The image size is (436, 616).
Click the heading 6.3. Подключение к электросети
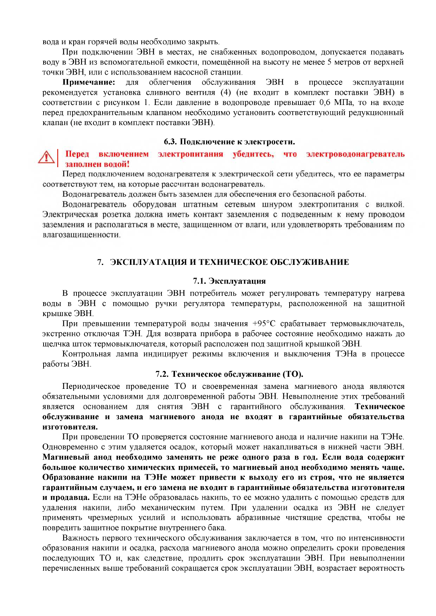229,142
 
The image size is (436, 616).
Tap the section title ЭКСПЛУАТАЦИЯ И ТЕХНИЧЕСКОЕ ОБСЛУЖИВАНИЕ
229,262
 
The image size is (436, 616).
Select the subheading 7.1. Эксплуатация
229,281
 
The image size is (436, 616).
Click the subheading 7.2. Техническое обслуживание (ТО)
229,374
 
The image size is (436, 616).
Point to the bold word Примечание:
89,82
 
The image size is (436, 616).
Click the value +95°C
264,324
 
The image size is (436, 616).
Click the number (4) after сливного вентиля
226,92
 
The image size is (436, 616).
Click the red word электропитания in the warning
190,154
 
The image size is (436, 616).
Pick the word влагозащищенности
81,235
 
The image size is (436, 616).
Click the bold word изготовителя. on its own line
70,427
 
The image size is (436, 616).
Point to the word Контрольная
86,354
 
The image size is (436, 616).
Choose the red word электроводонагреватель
355,154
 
